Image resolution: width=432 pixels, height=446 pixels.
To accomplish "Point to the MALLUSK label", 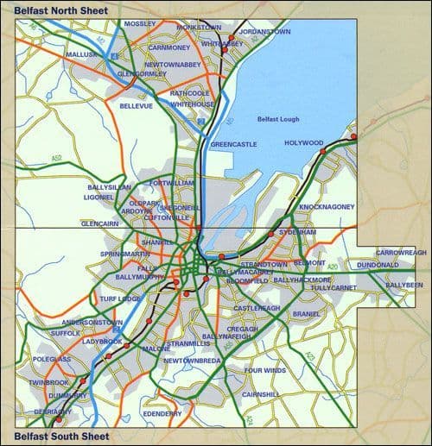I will pyautogui.click(x=81, y=53).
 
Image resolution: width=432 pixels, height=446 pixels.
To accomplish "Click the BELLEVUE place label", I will pyautogui.click(x=136, y=105).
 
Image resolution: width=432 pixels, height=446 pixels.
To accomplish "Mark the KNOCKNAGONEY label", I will pyautogui.click(x=327, y=208).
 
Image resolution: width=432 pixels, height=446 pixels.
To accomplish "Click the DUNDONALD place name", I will pyautogui.click(x=377, y=265).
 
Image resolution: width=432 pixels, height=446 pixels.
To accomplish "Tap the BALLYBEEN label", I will pyautogui.click(x=404, y=285).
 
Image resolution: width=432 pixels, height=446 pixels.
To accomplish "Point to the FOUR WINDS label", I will pyautogui.click(x=264, y=371).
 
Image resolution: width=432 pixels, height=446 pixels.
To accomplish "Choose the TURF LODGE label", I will pyautogui.click(x=120, y=298).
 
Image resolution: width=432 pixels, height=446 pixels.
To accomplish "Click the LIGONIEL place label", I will pyautogui.click(x=99, y=198).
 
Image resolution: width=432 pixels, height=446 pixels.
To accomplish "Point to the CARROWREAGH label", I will pyautogui.click(x=401, y=253).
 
